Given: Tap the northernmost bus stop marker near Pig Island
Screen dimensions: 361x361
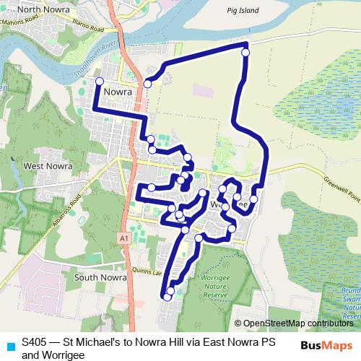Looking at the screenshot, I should [245, 52].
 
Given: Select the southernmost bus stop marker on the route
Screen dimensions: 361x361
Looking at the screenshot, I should [168, 296].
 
